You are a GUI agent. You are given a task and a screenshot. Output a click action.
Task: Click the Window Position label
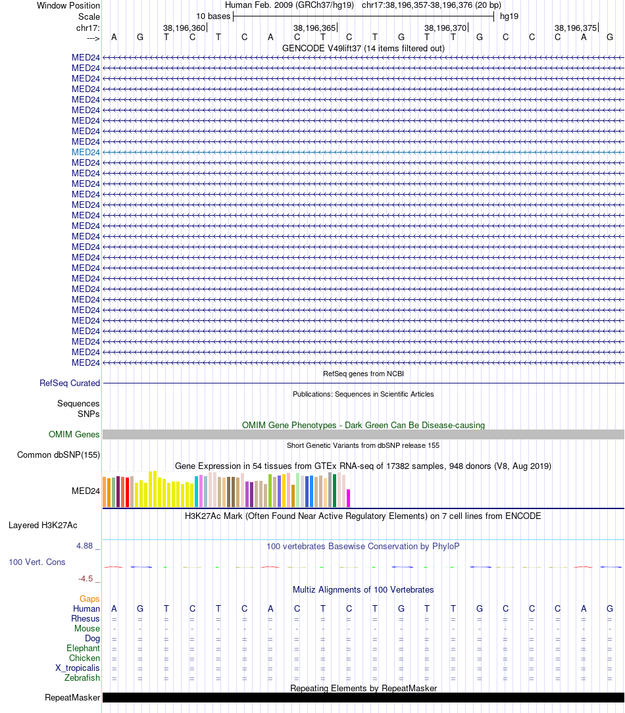(68, 5)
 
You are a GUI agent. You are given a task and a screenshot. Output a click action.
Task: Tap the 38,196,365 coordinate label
(314, 28)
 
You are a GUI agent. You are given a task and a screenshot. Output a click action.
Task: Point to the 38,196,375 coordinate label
(576, 28)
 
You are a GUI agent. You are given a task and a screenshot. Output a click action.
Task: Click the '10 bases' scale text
(213, 16)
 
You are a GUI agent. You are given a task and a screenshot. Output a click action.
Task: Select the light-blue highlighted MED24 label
(86, 152)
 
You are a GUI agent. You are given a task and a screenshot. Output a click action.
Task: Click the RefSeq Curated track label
(70, 383)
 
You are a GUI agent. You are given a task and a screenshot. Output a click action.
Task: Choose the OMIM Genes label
(74, 434)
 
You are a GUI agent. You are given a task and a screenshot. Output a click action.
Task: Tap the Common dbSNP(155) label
(59, 455)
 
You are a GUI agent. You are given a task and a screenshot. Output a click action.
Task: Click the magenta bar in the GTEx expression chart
(349, 498)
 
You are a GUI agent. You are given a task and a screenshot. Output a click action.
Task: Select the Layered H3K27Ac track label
(43, 525)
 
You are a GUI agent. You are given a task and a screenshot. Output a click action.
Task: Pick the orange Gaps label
(89, 599)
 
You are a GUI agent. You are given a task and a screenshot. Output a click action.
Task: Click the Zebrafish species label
(82, 677)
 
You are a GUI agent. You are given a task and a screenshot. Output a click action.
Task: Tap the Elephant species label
(83, 648)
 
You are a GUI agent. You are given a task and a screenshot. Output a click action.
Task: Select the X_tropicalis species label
(78, 668)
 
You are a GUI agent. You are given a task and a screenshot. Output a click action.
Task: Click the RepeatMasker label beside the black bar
(72, 697)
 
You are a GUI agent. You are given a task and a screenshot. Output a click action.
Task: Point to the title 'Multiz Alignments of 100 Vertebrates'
(363, 589)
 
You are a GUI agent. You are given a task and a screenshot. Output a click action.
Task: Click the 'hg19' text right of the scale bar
(509, 16)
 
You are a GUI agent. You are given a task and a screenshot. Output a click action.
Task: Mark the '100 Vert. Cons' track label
(37, 562)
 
